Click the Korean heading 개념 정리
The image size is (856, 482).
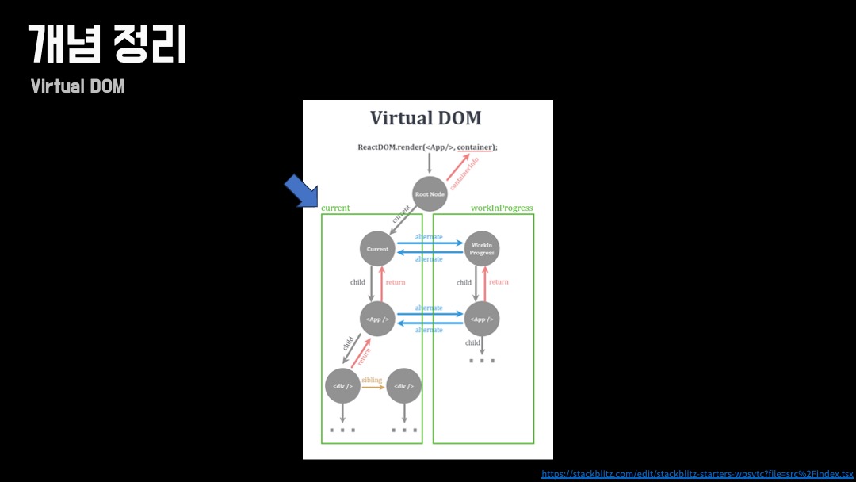[x=107, y=44]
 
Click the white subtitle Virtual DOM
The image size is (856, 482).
[x=78, y=86]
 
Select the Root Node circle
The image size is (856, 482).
[x=430, y=194]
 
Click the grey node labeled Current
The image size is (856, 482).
[x=377, y=249]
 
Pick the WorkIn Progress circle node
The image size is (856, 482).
[x=482, y=249]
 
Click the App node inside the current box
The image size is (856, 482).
[x=377, y=319]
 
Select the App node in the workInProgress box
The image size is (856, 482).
[x=482, y=319]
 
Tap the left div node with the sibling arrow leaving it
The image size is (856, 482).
[x=343, y=386]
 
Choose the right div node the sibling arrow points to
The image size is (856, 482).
[x=404, y=386]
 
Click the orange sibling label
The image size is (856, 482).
[x=372, y=381]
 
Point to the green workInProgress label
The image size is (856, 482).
[x=502, y=208]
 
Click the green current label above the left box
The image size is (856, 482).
[x=335, y=208]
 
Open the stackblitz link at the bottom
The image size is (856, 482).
[x=697, y=474]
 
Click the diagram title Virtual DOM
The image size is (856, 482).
[x=426, y=119]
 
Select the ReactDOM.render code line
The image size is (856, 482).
[x=427, y=147]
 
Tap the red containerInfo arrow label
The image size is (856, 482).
[x=463, y=172]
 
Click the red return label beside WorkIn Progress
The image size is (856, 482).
[x=499, y=282]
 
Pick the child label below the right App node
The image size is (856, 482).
[x=473, y=343]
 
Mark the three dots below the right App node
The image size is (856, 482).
[x=481, y=361]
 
